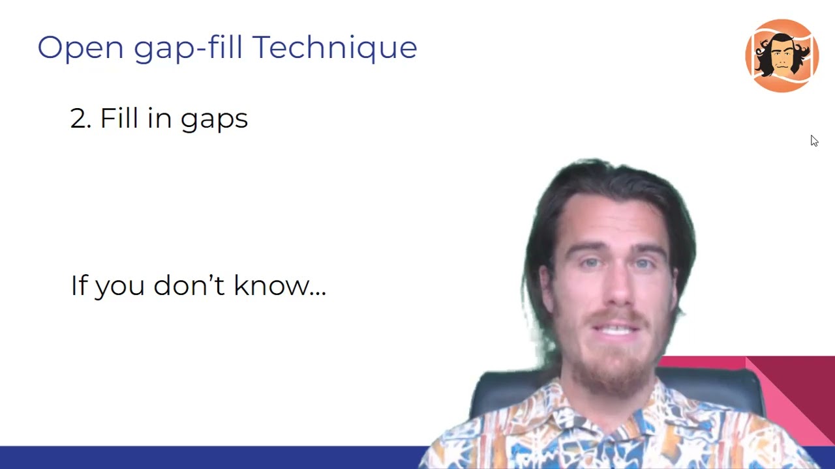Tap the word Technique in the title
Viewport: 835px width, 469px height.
click(x=335, y=48)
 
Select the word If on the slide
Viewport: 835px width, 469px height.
click(x=78, y=285)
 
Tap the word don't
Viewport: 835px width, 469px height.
click(x=189, y=285)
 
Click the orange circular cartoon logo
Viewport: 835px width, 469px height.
click(x=782, y=55)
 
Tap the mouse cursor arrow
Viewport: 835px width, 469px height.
click(x=813, y=140)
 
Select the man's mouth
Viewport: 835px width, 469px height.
click(x=615, y=329)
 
